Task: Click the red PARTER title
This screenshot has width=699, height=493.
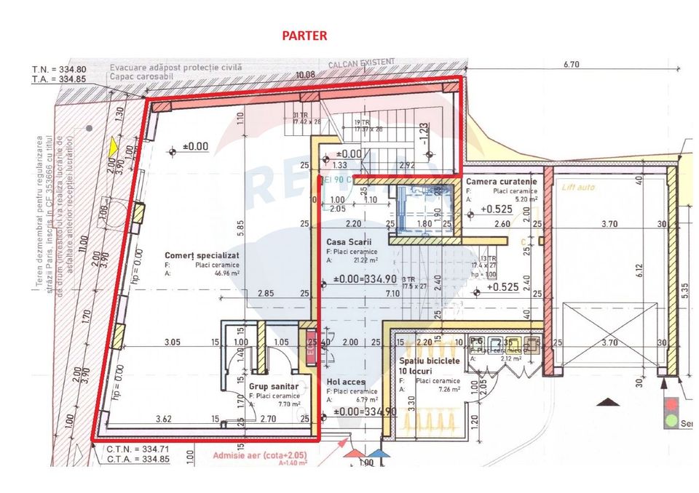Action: pos(305,35)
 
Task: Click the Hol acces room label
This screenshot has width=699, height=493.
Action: pos(344,382)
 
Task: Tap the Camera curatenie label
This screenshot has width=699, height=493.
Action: pos(502,182)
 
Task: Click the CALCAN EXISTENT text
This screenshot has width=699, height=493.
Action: pos(361,63)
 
